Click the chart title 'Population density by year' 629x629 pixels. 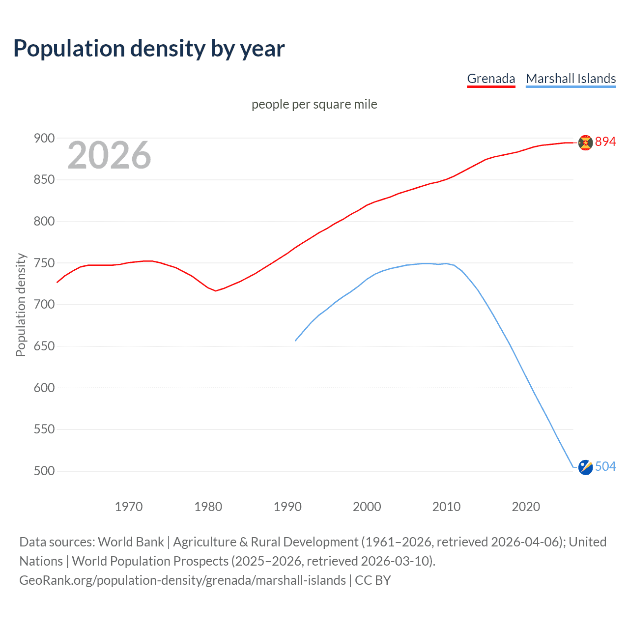tap(149, 49)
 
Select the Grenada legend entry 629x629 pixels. tap(491, 79)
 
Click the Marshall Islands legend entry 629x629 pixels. tap(571, 79)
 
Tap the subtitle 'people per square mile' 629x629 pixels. tap(314, 104)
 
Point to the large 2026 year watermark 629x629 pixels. tap(109, 155)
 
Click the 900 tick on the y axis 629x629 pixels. tap(44, 139)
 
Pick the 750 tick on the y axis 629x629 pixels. tap(44, 263)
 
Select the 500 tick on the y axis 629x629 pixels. tap(44, 471)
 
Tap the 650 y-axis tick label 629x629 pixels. tap(44, 346)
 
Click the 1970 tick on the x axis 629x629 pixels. tap(129, 507)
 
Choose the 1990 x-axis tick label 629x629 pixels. tap(287, 507)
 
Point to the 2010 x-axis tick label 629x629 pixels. tap(446, 507)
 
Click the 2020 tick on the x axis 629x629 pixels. tap(526, 507)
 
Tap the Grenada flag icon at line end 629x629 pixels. tap(585, 143)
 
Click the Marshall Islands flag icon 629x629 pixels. tap(585, 467)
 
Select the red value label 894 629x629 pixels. tap(605, 142)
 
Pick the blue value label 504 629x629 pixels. tap(605, 467)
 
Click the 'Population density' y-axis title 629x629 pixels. tap(21, 305)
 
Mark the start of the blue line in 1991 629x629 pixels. tap(296, 341)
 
